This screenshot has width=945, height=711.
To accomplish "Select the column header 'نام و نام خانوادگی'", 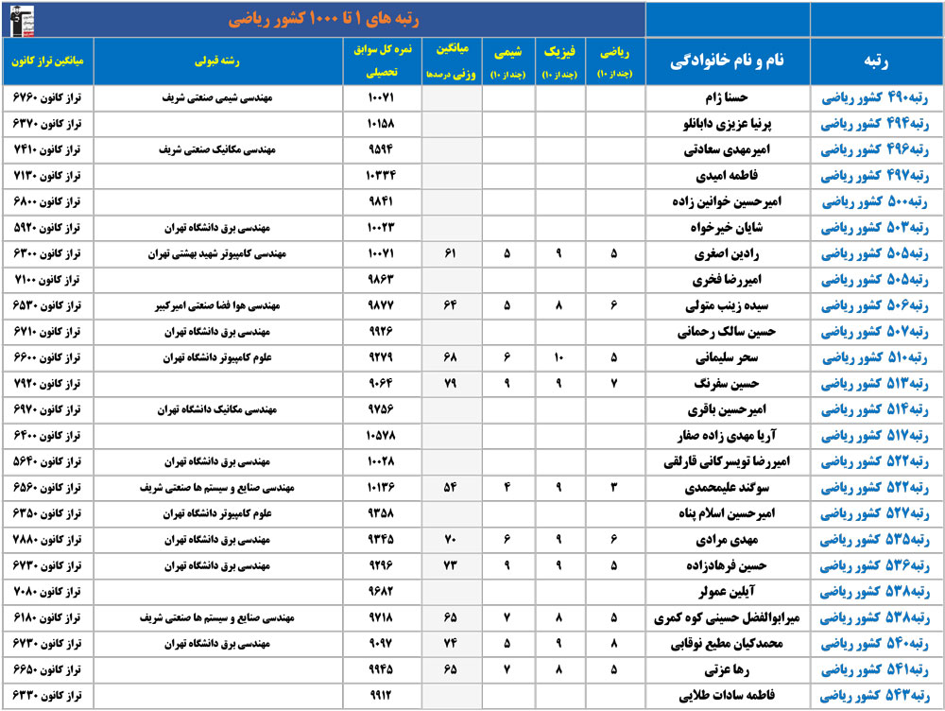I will click(x=728, y=61).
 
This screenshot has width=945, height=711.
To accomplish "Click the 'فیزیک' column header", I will click(x=559, y=61).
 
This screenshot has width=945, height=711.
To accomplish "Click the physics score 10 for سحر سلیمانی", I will click(x=559, y=358).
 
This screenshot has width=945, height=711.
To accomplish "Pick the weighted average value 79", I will click(x=451, y=384).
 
